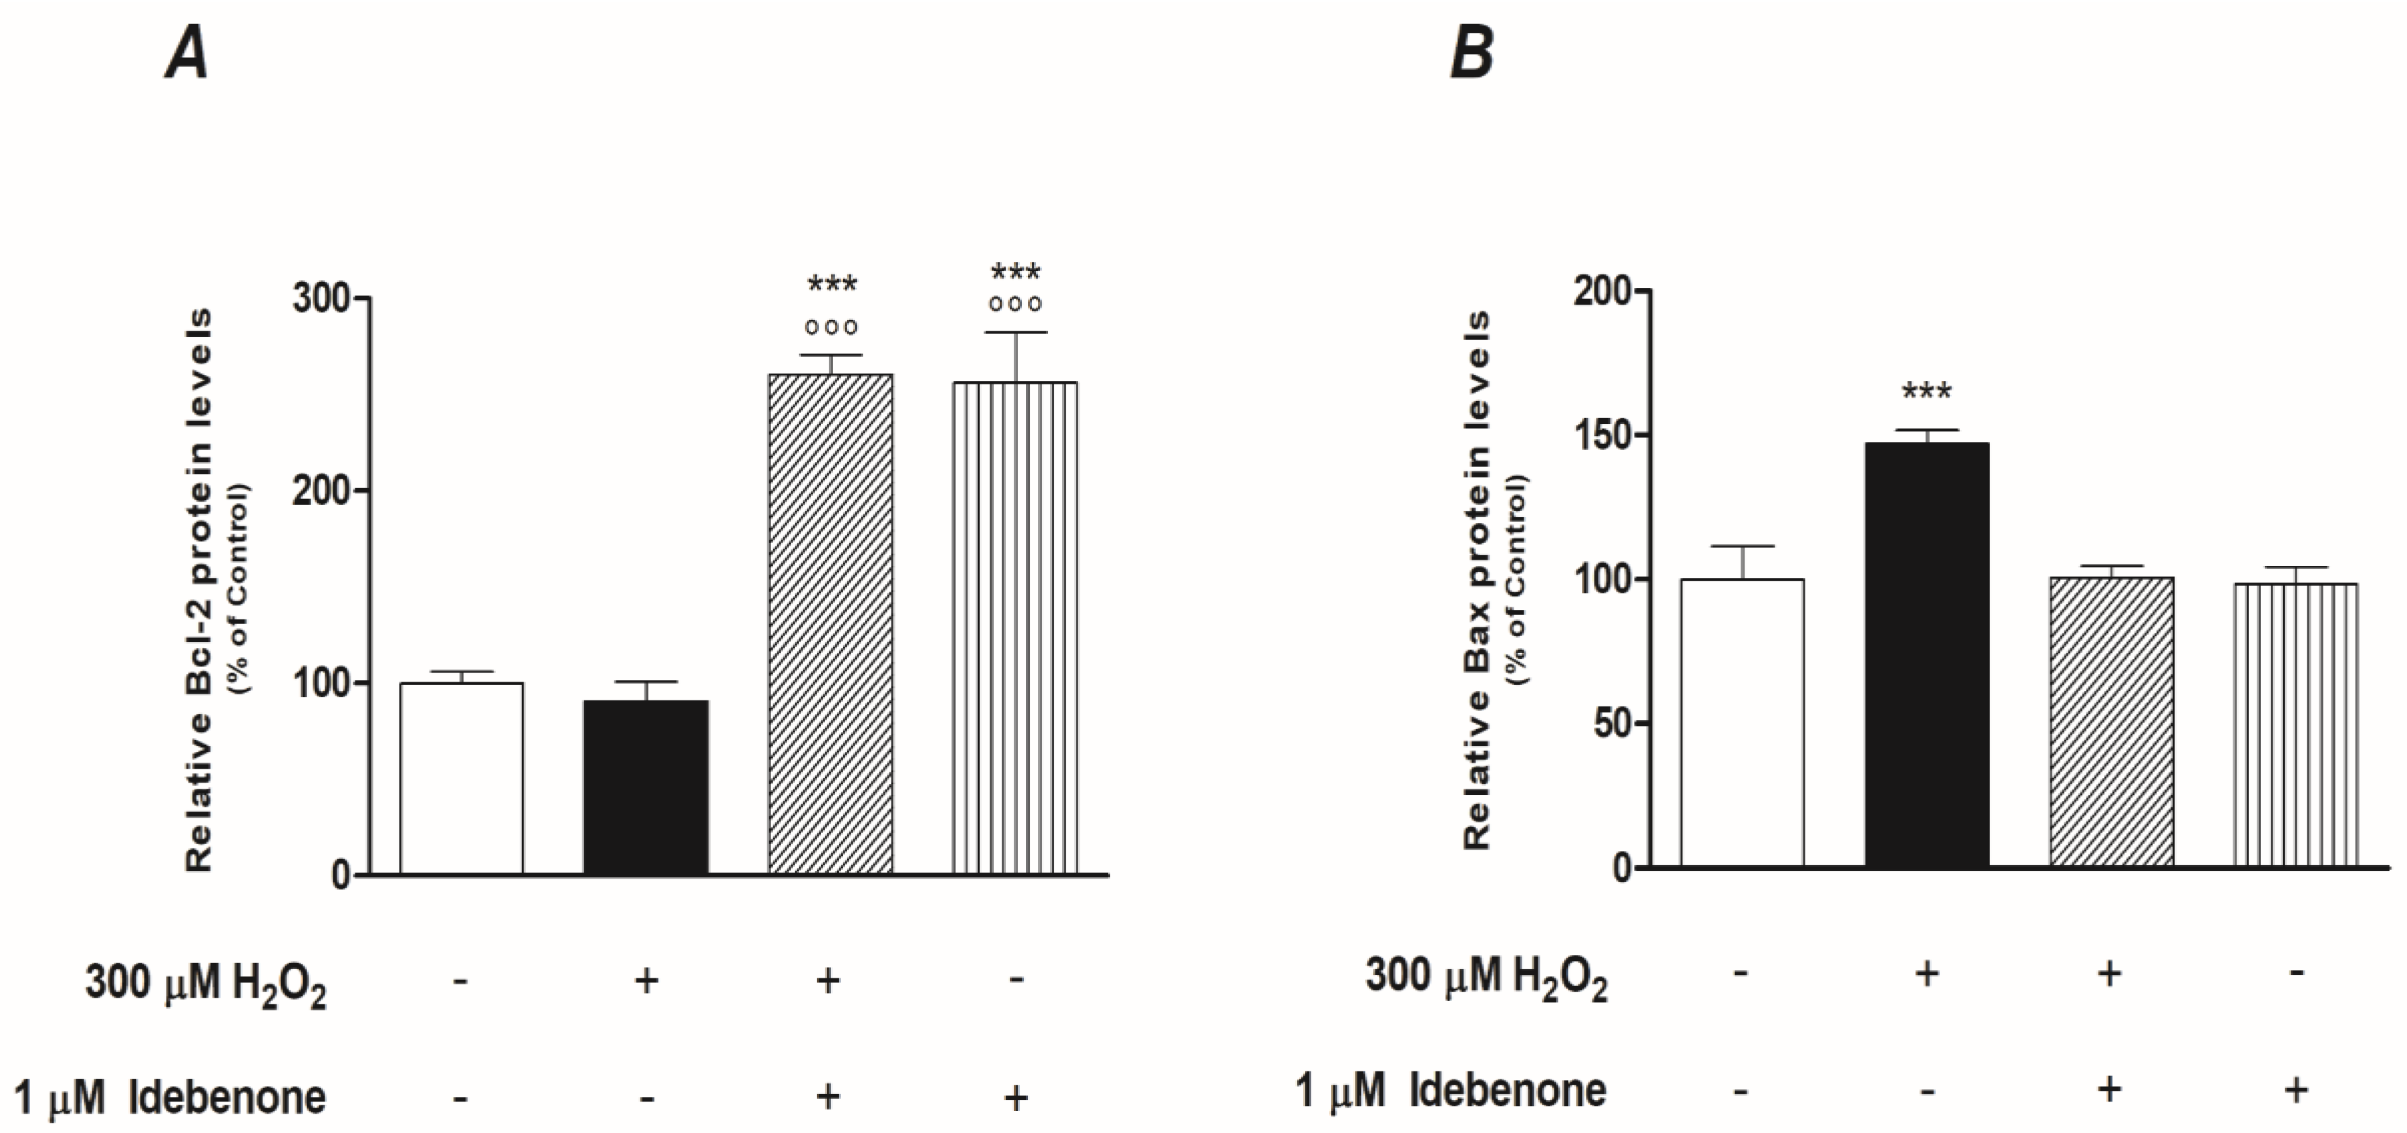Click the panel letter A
tap(187, 54)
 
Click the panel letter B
tap(1471, 54)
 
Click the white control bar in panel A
tap(462, 778)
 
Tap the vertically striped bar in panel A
tap(1014, 627)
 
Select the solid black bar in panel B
tap(1927, 654)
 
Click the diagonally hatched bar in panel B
tap(2111, 722)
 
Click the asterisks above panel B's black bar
tap(1927, 391)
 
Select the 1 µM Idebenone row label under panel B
tap(1450, 1091)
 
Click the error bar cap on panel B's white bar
tap(1743, 546)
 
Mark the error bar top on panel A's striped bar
tap(1014, 333)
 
